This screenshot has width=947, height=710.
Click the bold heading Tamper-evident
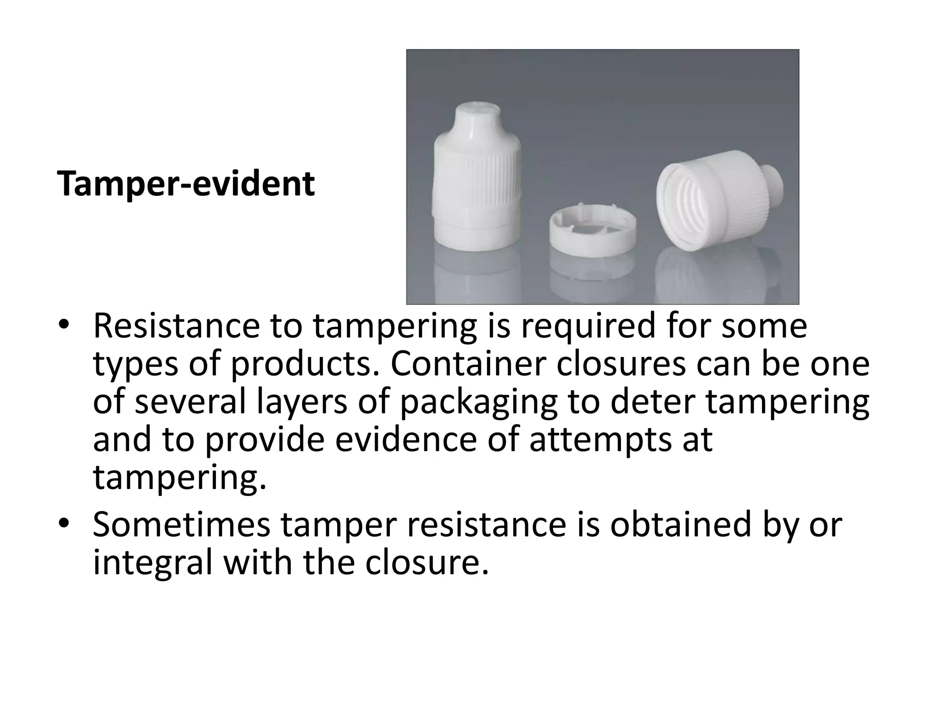(x=186, y=184)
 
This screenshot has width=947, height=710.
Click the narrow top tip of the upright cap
(x=477, y=116)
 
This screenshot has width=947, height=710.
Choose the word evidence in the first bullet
(x=406, y=440)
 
